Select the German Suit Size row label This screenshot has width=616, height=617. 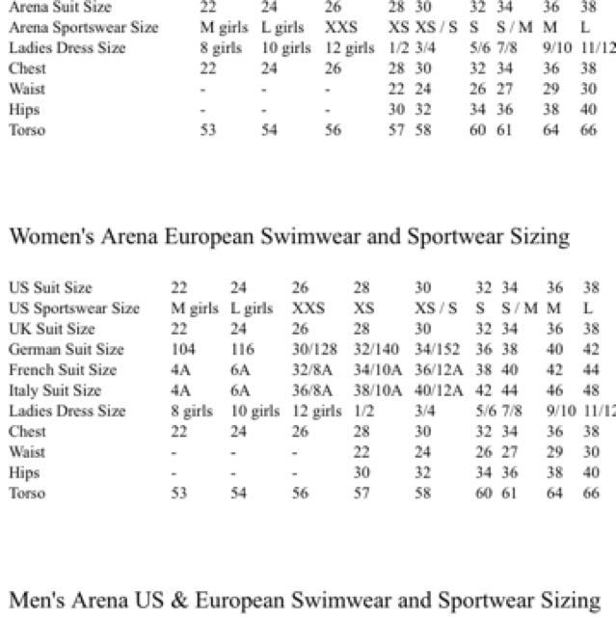point(66,349)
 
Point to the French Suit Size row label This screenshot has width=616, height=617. point(62,369)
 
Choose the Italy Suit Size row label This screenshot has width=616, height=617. point(55,390)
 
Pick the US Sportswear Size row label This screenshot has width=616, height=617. point(74,308)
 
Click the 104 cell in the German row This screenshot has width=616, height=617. point(183,349)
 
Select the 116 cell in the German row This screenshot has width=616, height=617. point(241,349)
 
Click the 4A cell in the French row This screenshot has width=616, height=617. point(180,369)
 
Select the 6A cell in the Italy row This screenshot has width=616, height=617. point(239,390)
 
